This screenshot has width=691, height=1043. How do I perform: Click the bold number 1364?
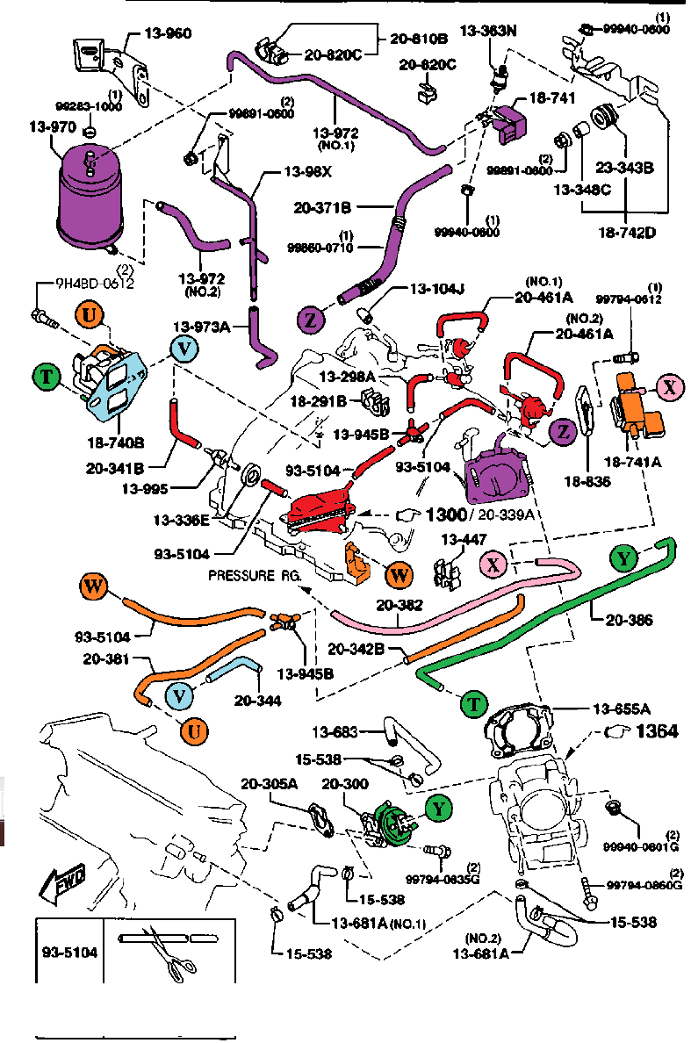[658, 730]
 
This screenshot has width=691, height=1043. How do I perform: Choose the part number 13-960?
[166, 34]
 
